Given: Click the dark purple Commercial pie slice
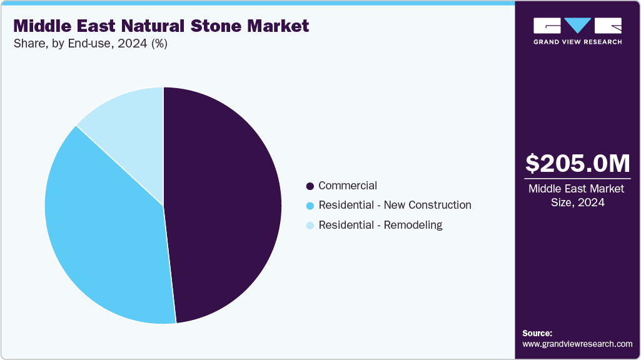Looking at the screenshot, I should tap(225, 206).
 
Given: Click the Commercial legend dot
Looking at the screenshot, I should tap(310, 186).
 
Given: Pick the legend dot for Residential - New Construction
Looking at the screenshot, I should tap(310, 206).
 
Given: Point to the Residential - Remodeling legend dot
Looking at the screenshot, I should tap(310, 226).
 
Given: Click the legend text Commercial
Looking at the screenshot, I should tap(348, 186).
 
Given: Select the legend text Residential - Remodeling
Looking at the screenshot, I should tap(380, 225).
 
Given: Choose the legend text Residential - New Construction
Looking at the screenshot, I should tap(395, 205).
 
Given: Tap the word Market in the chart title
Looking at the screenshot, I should tap(278, 26).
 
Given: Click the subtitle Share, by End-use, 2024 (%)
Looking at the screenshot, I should tap(90, 44).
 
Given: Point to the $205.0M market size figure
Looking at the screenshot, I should tap(578, 163).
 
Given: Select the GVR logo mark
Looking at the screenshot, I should tap(577, 26).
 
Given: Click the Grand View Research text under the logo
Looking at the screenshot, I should tap(577, 42).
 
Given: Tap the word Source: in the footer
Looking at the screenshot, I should tap(537, 333).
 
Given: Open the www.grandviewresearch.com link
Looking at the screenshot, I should tap(577, 344).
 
